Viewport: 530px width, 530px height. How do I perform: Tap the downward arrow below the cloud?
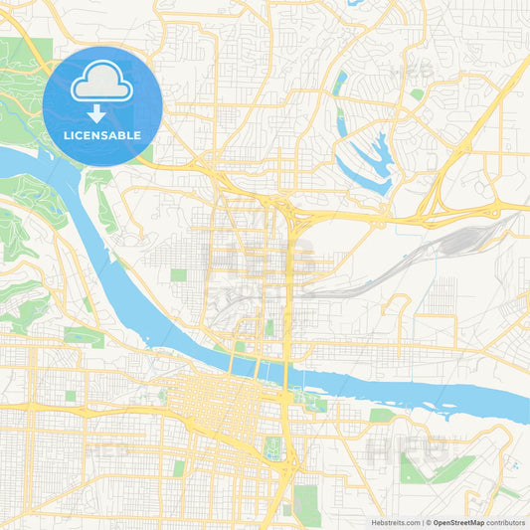(102, 112)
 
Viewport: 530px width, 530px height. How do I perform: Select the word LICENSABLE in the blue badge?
(102, 134)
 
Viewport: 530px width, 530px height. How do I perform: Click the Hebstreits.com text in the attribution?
(394, 521)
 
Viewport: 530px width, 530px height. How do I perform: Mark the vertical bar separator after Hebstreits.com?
(425, 521)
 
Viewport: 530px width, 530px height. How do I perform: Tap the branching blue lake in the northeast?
(368, 159)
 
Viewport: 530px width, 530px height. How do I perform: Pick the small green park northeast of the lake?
(417, 94)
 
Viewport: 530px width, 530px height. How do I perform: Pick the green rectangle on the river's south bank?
(381, 415)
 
